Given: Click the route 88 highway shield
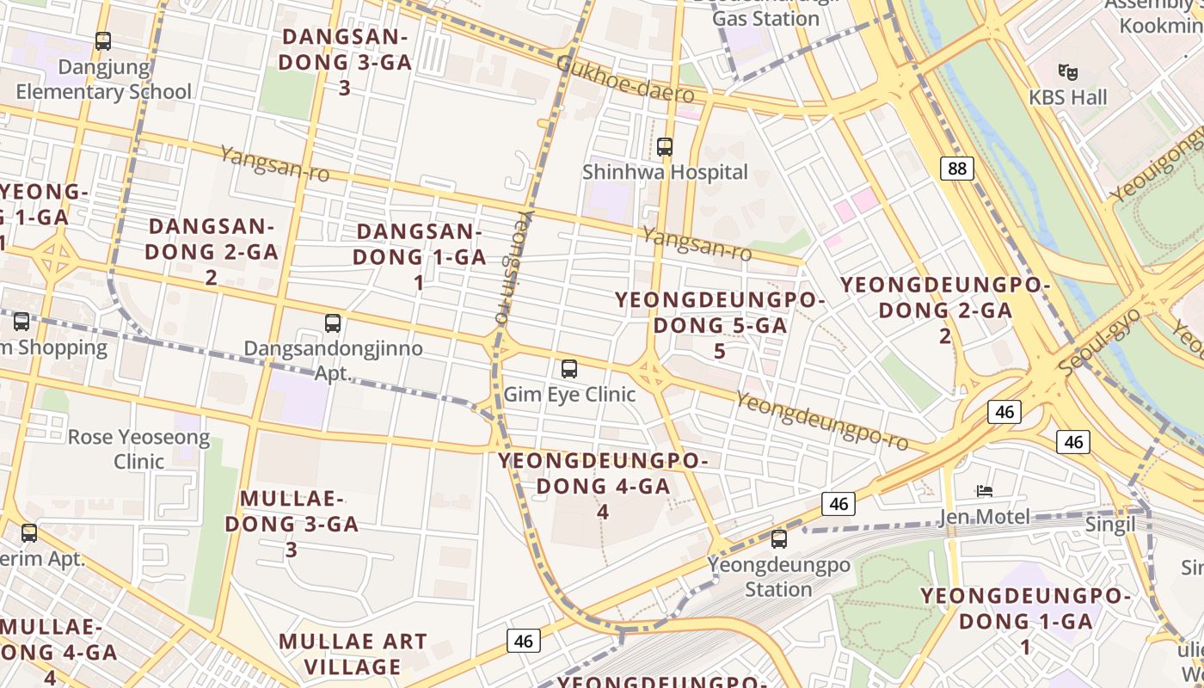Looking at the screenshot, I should coord(957,168).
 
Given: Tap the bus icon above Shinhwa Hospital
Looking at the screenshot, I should coord(665,146).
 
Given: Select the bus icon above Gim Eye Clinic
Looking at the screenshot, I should coord(568,369).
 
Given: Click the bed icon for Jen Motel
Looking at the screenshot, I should coord(985,491).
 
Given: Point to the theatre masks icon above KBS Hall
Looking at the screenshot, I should coord(1068,71).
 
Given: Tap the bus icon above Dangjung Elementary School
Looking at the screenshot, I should coord(103,40).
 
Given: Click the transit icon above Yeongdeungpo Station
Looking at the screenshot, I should coord(779,539).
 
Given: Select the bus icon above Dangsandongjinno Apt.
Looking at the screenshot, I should coord(333,323).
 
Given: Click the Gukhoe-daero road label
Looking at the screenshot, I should coord(624,79).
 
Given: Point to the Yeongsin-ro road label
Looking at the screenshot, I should coord(511,267).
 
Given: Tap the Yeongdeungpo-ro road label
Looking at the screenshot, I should coord(822,421).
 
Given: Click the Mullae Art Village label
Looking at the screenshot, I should coord(353,654).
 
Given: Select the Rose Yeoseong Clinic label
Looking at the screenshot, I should coord(138,449).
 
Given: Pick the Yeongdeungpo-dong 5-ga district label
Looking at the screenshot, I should coord(720,325).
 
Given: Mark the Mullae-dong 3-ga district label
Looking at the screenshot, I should coord(292,523).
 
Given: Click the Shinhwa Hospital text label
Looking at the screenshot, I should coord(665,172).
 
